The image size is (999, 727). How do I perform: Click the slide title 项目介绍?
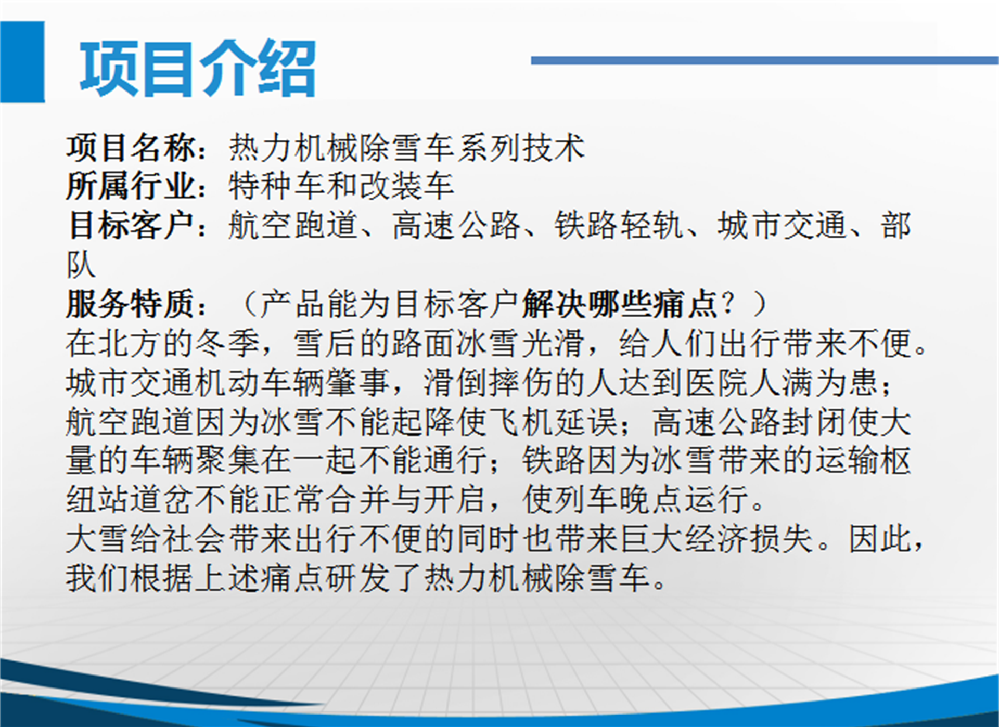[198, 68]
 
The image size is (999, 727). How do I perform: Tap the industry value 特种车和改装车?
[341, 186]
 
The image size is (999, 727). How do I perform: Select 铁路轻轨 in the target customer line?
[619, 226]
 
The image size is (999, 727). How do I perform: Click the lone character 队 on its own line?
[81, 265]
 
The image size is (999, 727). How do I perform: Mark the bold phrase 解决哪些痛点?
[619, 304]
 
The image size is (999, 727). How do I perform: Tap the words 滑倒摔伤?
[489, 383]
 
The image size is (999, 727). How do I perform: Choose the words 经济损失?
[749, 539]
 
